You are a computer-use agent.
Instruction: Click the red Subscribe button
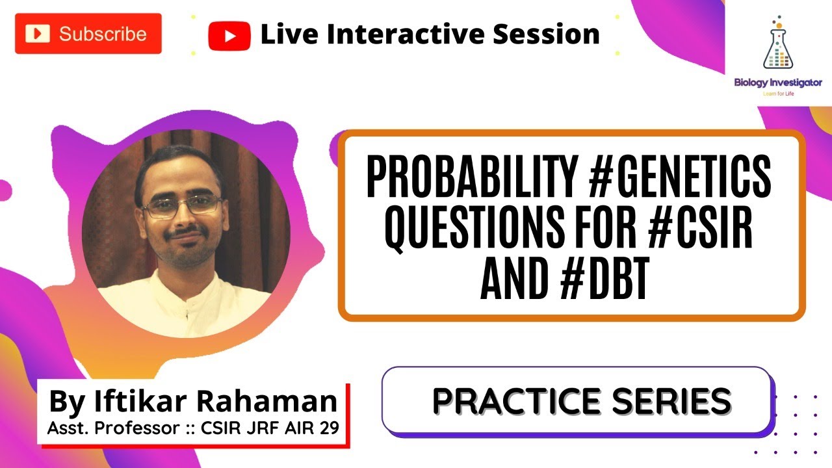(88, 34)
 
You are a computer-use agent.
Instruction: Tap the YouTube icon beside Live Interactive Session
(229, 35)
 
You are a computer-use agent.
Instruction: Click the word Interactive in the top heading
(404, 34)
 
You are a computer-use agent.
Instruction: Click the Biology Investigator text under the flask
(777, 83)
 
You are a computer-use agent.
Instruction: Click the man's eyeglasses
(182, 207)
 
